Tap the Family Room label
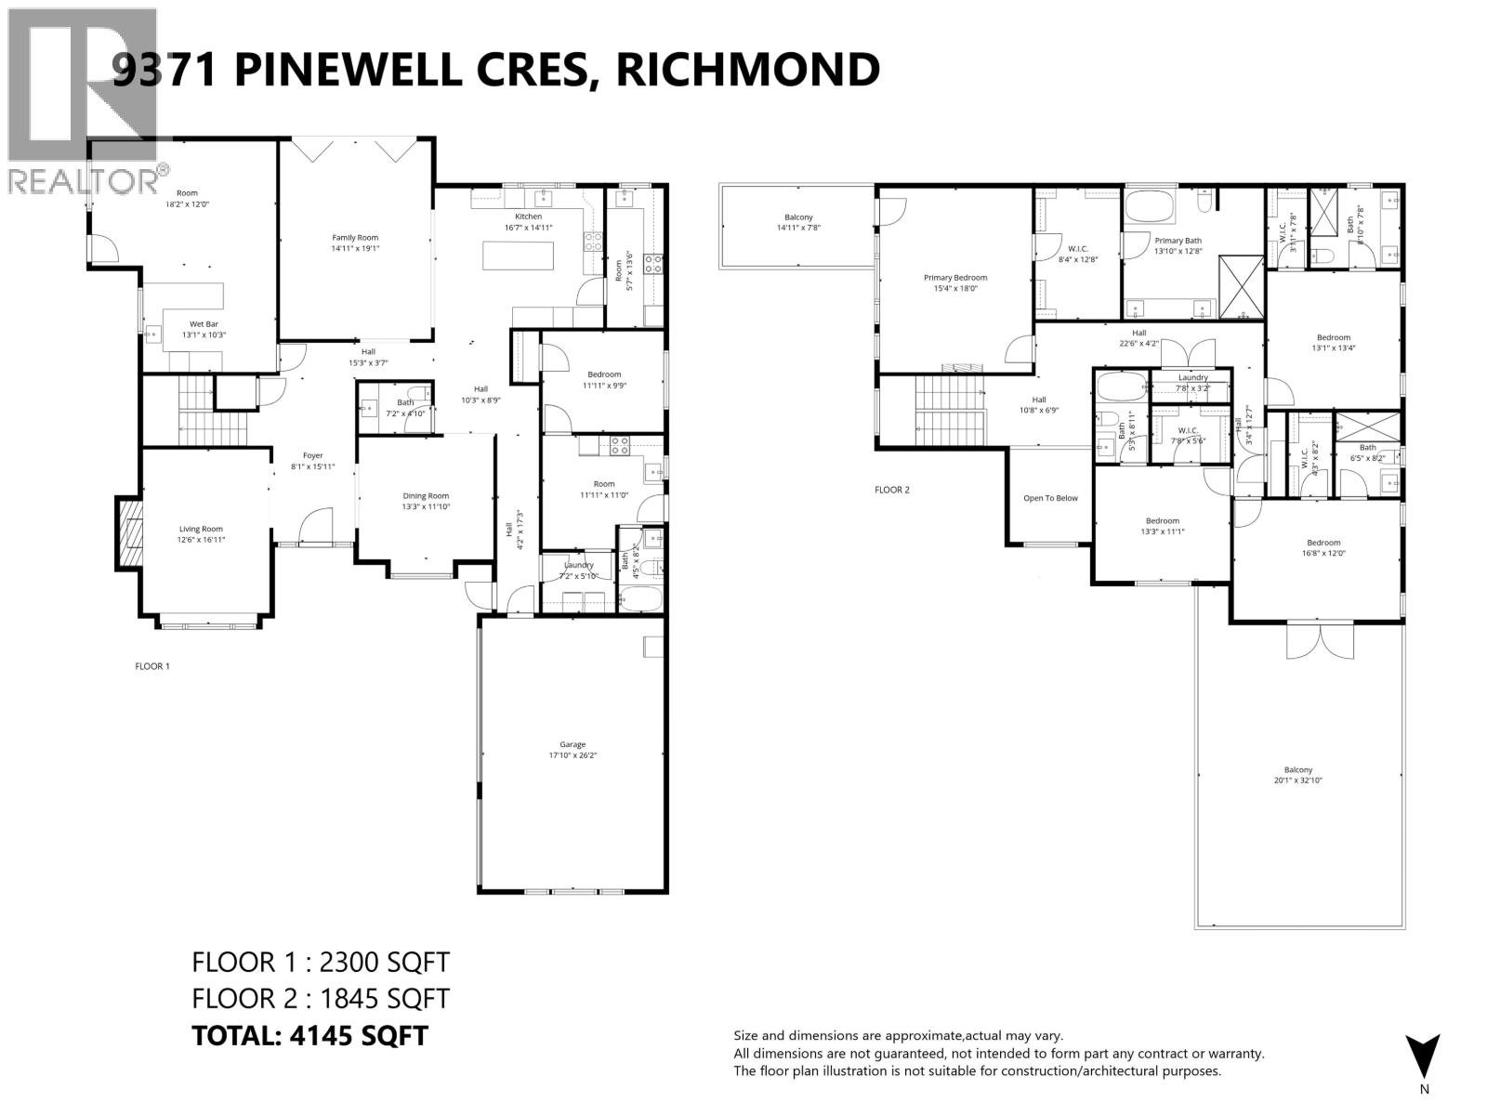click(355, 238)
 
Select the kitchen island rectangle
click(518, 256)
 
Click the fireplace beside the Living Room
click(127, 531)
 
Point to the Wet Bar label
click(204, 324)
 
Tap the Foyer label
click(312, 455)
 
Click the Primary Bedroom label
click(954, 277)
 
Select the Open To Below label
click(1050, 498)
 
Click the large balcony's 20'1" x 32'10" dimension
click(1298, 780)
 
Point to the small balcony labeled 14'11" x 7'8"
click(797, 223)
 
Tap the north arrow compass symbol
click(1422, 1056)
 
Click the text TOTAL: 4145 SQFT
click(309, 1036)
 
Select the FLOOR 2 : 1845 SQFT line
click(320, 999)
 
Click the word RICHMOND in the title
click(748, 70)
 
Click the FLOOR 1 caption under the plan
click(152, 666)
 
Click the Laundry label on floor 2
click(1192, 377)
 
